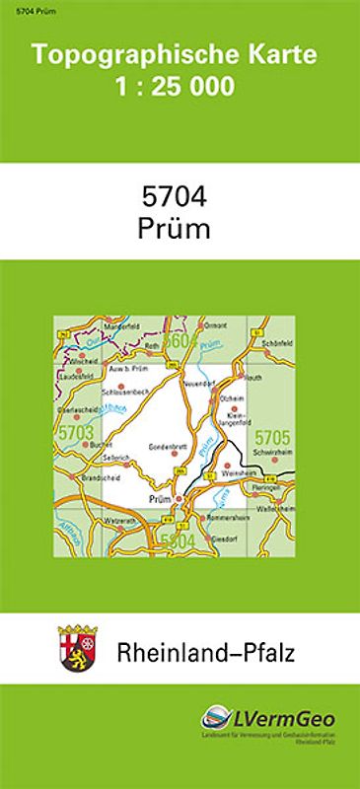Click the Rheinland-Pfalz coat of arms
pos(75,648)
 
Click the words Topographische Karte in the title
pos(176,56)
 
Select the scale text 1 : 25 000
pos(176,87)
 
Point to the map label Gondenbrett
pos(168,446)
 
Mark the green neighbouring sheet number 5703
pos(75,432)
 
